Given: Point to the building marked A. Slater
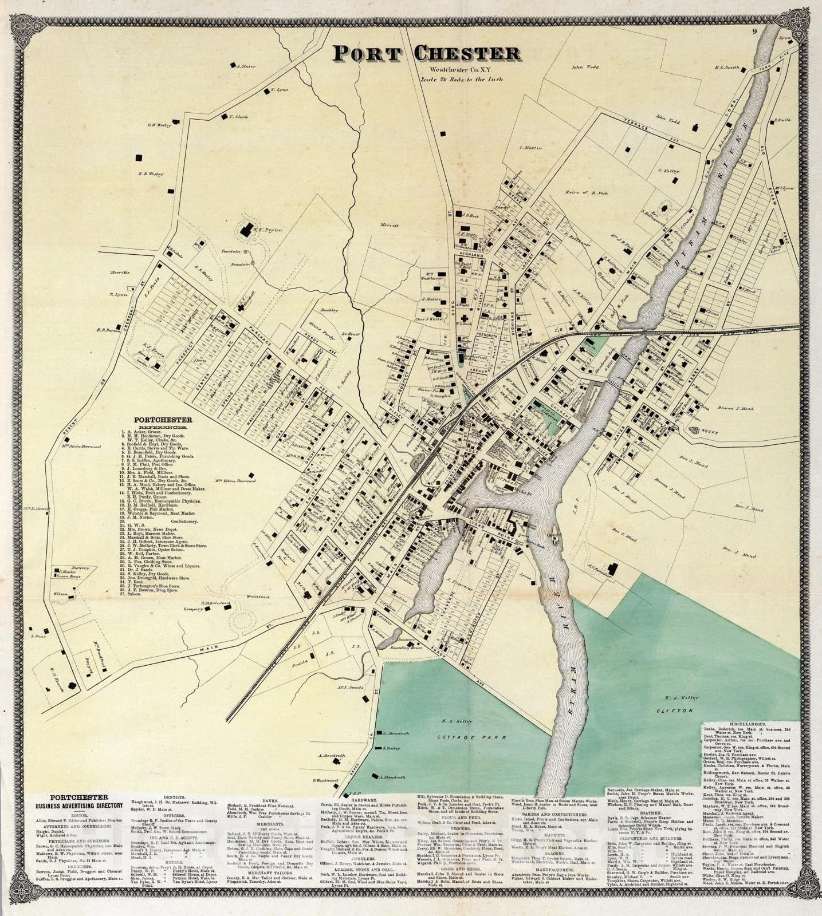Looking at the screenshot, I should [x=234, y=66].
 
